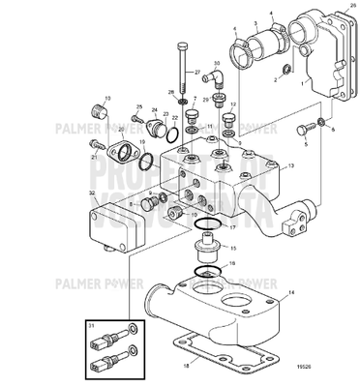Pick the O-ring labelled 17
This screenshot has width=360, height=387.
pyautogui.click(x=202, y=227)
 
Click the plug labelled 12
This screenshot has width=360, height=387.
pyautogui.click(x=229, y=120)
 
